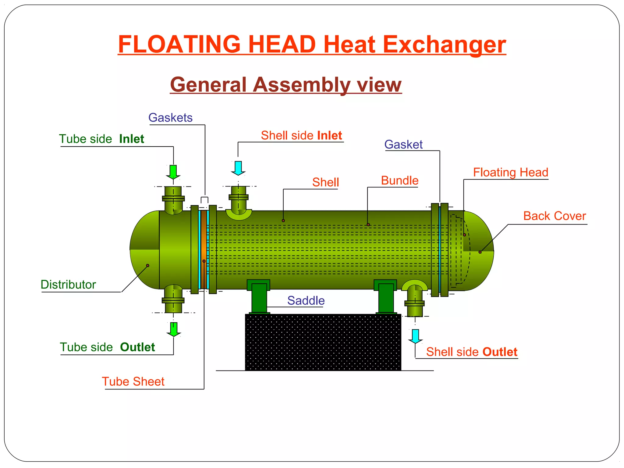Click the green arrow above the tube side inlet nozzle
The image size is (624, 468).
click(173, 172)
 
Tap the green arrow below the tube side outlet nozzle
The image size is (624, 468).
click(174, 329)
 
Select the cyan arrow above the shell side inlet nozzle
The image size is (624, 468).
click(238, 168)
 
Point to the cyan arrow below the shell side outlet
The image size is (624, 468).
click(415, 336)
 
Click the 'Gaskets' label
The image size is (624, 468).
click(170, 118)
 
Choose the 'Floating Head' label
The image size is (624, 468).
click(510, 172)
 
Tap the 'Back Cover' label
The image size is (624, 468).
click(555, 216)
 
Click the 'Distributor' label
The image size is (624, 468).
click(68, 285)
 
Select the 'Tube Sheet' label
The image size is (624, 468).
click(133, 381)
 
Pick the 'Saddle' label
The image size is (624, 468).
click(306, 301)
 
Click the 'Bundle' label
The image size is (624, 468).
click(400, 181)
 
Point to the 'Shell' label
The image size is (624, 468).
click(325, 183)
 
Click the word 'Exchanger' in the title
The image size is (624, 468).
click(444, 44)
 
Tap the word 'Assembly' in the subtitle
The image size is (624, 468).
click(302, 85)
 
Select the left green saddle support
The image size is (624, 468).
click(259, 297)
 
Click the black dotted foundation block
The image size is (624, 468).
click(323, 342)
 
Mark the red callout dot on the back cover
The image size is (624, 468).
click(480, 252)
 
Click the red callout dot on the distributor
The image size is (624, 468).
click(148, 265)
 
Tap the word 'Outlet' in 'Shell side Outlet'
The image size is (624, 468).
click(500, 352)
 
